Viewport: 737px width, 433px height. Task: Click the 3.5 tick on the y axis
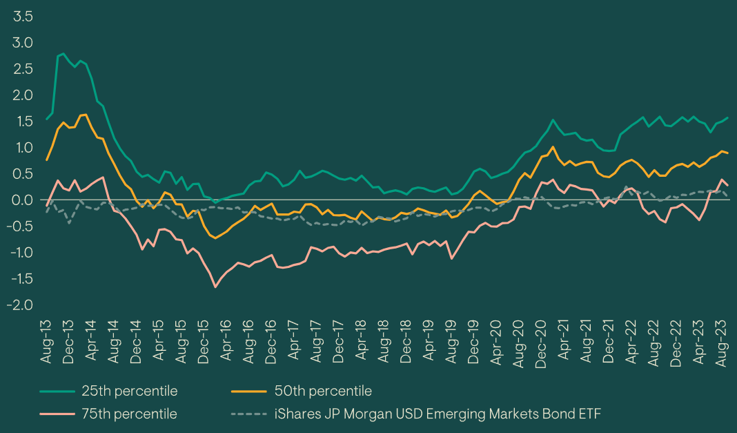pos(23,17)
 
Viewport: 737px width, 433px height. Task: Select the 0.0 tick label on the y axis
pos(23,200)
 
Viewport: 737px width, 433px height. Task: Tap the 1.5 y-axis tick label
pos(23,122)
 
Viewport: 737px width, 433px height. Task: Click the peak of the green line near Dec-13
pos(63,53)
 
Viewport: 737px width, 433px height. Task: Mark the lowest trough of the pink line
pos(215,287)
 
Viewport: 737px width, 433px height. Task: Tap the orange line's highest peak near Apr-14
pos(86,115)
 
